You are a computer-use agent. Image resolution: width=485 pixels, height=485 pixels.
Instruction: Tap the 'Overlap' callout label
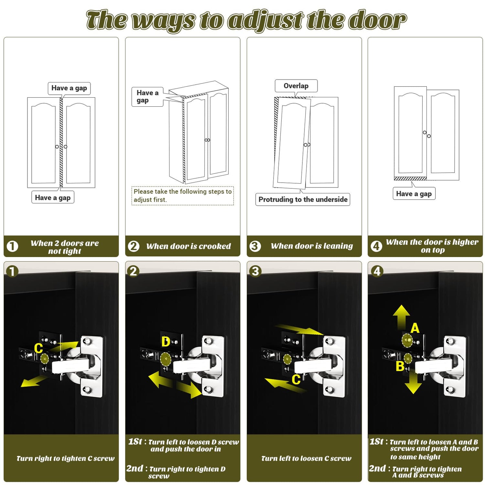point(296,86)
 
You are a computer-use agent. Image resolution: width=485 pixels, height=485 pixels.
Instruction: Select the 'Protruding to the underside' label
point(303,199)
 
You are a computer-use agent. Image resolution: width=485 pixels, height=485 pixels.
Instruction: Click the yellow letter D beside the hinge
point(166,342)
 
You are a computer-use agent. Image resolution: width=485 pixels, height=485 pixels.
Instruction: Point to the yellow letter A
point(415,328)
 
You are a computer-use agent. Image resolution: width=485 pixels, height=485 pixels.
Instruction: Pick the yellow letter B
point(400,366)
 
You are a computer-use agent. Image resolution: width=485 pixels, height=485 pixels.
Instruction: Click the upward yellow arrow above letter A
point(401,318)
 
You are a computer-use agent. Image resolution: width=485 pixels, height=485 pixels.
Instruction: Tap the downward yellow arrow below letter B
point(413,383)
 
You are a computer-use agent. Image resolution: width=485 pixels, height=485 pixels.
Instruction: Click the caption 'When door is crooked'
point(189,246)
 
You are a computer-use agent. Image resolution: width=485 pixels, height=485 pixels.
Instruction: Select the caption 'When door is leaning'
point(312,246)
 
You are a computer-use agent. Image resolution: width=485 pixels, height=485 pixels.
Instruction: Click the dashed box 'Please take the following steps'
point(183,196)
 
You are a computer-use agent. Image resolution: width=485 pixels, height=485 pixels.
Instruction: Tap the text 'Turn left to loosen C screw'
point(306,458)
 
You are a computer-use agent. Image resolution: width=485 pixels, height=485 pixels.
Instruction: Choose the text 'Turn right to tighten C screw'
point(66,458)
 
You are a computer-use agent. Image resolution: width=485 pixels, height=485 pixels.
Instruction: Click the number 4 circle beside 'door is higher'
point(376,246)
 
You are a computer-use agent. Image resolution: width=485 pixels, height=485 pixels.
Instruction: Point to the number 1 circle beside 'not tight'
point(12,246)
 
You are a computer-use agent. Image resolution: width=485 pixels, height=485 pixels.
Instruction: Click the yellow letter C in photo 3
point(296,379)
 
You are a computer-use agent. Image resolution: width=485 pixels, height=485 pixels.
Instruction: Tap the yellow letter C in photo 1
point(38,348)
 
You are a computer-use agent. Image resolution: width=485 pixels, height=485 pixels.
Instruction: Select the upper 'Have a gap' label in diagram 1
point(69,88)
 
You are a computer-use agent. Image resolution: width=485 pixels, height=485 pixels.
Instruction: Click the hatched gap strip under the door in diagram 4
point(410,178)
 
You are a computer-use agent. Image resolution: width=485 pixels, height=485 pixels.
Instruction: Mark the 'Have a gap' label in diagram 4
point(414,194)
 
